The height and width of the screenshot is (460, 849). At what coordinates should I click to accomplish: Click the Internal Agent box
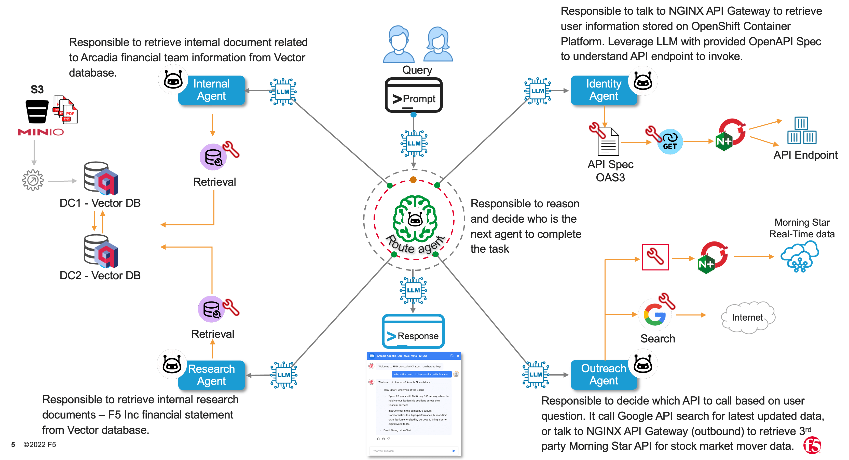pos(211,90)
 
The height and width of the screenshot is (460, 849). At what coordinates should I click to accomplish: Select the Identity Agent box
pos(604,90)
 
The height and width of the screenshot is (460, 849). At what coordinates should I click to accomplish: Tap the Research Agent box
pos(211,375)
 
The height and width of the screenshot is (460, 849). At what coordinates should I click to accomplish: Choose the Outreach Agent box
pos(604,375)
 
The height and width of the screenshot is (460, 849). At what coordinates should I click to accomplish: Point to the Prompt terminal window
pos(414,95)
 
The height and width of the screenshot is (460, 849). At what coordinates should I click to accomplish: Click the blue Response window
pos(413,331)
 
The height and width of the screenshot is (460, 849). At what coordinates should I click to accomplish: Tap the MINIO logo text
pos(40,132)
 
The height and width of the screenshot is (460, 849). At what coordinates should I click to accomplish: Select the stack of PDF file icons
pos(66,110)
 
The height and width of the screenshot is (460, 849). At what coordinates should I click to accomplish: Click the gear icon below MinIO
pos(33,180)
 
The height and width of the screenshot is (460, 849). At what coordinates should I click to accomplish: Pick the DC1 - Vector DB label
pos(100,203)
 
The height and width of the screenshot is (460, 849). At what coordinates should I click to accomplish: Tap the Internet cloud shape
pos(747,317)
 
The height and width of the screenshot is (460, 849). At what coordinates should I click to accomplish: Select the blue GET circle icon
pos(670,142)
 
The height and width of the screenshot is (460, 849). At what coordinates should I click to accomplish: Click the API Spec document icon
pos(608,142)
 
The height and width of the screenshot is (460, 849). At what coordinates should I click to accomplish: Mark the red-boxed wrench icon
pos(655,257)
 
